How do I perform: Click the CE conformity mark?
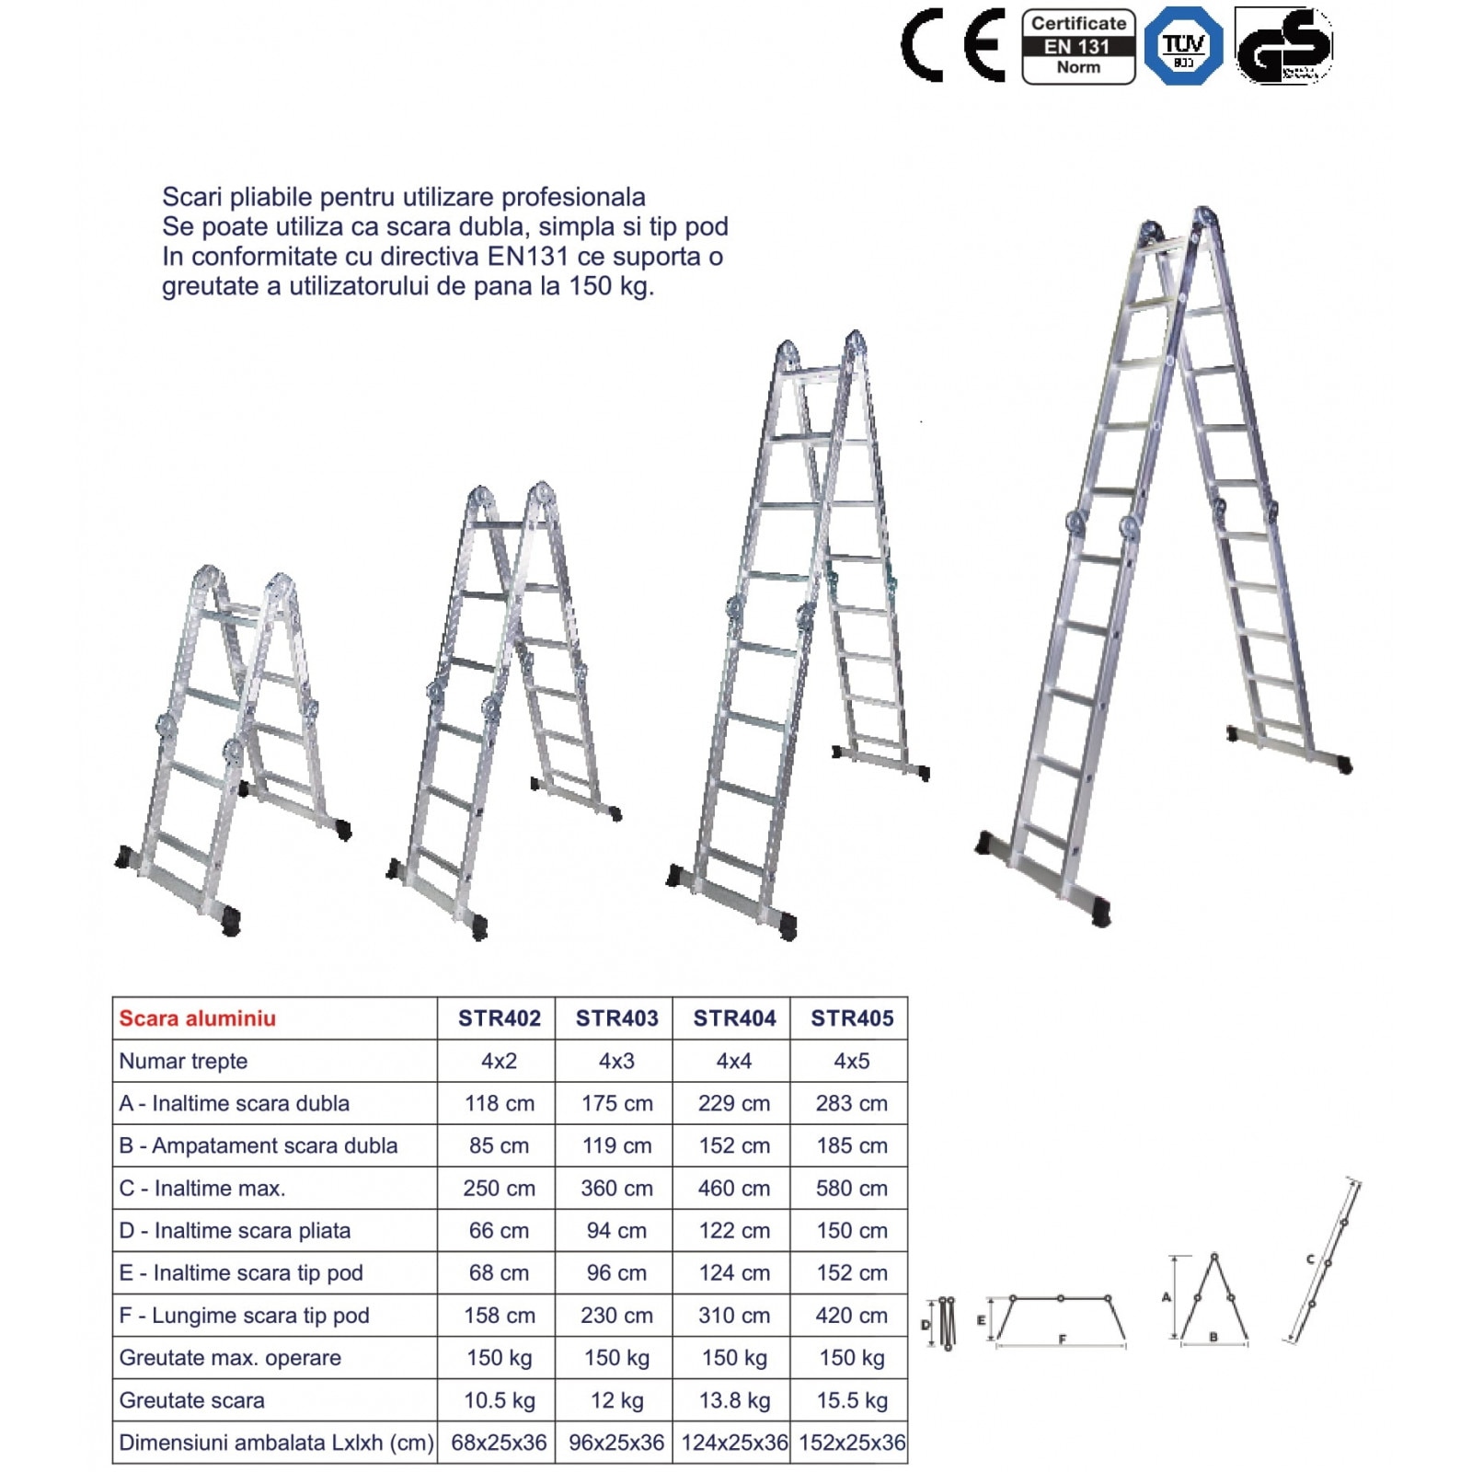coord(953,46)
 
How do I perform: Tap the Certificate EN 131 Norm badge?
coord(1078,46)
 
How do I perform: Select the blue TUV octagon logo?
coord(1183,46)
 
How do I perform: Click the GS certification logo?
coord(1283,46)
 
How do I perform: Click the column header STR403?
coord(616,1018)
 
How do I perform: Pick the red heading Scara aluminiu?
coord(198,1018)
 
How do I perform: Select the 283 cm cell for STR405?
coord(851,1103)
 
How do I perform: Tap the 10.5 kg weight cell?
coord(499,1400)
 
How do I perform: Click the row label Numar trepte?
coord(183,1061)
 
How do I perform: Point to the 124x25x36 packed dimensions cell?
coord(734,1443)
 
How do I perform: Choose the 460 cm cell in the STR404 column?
coord(733,1188)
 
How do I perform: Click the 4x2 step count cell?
coord(499,1061)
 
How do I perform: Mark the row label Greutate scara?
coord(191,1400)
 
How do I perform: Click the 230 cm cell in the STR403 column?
coord(616,1316)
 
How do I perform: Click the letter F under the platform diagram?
coord(1062,1340)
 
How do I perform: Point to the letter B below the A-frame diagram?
coord(1213,1337)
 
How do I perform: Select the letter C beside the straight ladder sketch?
coord(1309,1259)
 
